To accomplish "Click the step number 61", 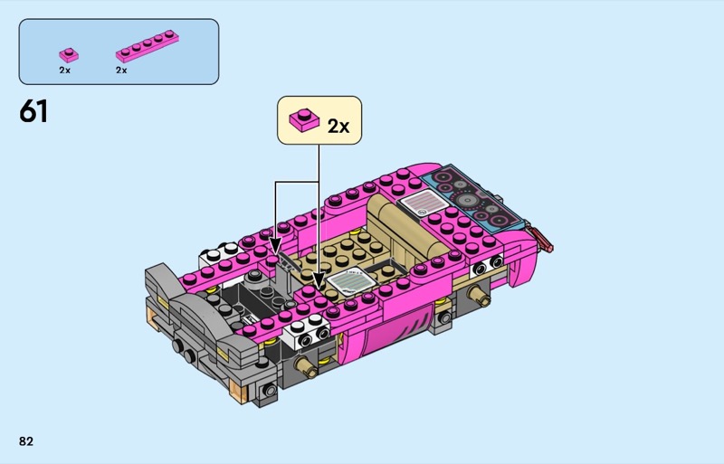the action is pyautogui.click(x=33, y=111).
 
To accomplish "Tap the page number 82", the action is pyautogui.click(x=26, y=441).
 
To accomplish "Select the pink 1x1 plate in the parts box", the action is pyautogui.click(x=69, y=55).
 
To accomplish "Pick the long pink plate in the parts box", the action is pyautogui.click(x=148, y=46).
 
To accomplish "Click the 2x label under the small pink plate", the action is pyautogui.click(x=64, y=71).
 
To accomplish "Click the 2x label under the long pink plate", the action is pyautogui.click(x=121, y=71).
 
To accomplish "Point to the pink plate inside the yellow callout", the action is pyautogui.click(x=304, y=119).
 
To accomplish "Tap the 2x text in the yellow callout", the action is pyautogui.click(x=338, y=126).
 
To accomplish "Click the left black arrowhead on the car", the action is pyautogui.click(x=276, y=245).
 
